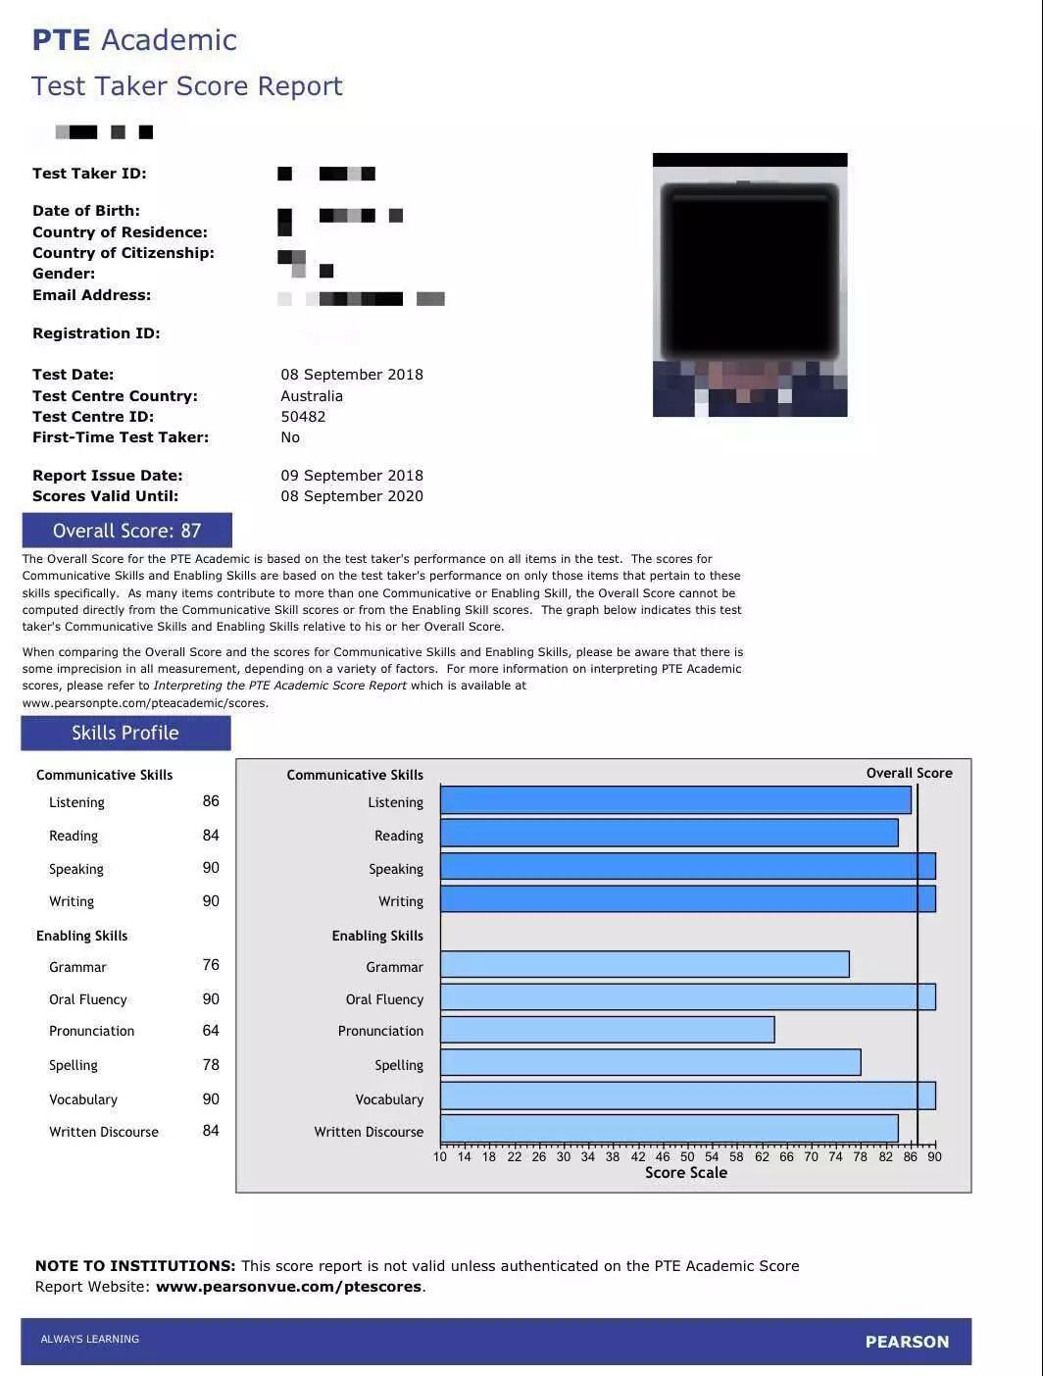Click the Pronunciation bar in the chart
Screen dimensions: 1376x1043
click(x=607, y=1030)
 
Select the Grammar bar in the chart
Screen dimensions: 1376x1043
click(x=644, y=965)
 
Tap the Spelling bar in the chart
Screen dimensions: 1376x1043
click(x=650, y=1063)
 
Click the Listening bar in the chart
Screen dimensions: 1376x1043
click(x=675, y=800)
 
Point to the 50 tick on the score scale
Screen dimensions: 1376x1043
click(x=687, y=1156)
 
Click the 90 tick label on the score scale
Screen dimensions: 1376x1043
click(x=934, y=1156)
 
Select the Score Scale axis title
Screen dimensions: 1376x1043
click(x=686, y=1173)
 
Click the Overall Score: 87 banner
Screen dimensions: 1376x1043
click(x=127, y=531)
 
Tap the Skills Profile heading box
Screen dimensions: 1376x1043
click(x=125, y=733)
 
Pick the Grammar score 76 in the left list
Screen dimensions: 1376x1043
click(x=211, y=965)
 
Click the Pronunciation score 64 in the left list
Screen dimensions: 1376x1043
click(x=211, y=1031)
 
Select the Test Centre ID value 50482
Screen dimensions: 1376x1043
click(x=303, y=417)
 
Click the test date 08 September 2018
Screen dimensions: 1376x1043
click(x=352, y=375)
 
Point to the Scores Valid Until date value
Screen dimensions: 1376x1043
click(x=352, y=496)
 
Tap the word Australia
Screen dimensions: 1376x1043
click(x=312, y=396)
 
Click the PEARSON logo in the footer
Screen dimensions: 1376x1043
click(x=907, y=1342)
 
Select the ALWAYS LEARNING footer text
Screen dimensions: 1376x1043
click(x=90, y=1339)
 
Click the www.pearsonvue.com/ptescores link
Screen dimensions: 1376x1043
click(x=288, y=1287)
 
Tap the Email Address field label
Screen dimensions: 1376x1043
click(x=92, y=295)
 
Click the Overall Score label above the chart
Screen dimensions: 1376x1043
click(x=909, y=773)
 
